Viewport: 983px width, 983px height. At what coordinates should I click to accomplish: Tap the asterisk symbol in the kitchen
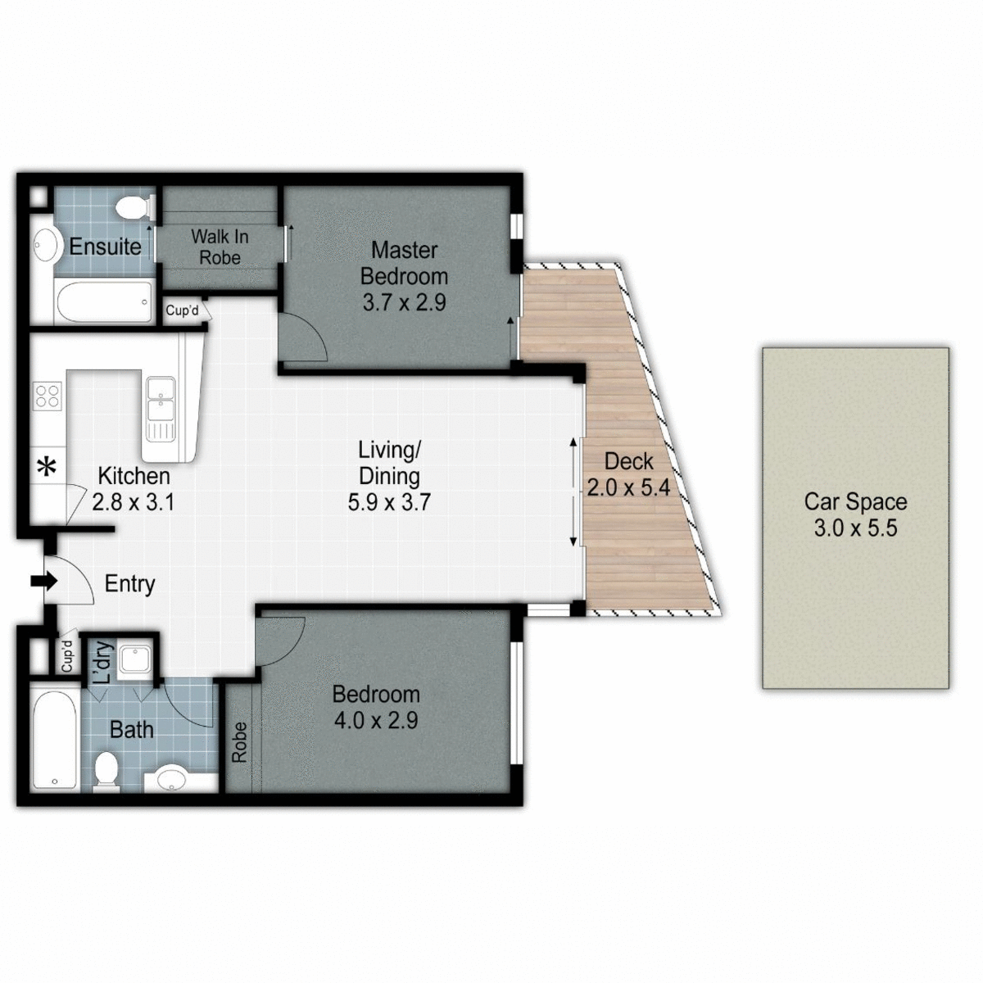(48, 468)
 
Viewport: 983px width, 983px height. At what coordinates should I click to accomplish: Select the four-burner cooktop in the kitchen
(48, 396)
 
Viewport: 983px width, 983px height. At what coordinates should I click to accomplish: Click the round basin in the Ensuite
(45, 244)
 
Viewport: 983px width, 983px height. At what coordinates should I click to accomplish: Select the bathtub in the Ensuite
(104, 301)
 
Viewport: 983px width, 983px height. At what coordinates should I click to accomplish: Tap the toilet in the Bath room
(106, 773)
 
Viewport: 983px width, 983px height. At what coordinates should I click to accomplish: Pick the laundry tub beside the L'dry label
(131, 660)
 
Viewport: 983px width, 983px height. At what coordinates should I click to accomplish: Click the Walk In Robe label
(220, 247)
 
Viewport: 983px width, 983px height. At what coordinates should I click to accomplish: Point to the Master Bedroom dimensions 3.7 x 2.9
(404, 302)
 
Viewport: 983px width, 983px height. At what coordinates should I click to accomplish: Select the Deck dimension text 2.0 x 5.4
(628, 488)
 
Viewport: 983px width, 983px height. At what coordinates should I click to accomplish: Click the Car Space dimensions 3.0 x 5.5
(855, 528)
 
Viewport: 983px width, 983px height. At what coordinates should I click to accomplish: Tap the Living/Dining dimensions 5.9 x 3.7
(389, 502)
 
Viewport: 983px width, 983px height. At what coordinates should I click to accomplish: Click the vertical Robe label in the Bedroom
(239, 742)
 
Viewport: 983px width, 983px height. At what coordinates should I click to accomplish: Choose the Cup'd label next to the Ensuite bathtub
(182, 311)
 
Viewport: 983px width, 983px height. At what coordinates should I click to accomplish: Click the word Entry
(130, 584)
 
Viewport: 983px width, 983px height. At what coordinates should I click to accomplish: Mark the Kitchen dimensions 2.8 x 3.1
(133, 502)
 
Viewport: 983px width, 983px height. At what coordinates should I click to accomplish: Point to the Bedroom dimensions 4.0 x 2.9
(376, 721)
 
